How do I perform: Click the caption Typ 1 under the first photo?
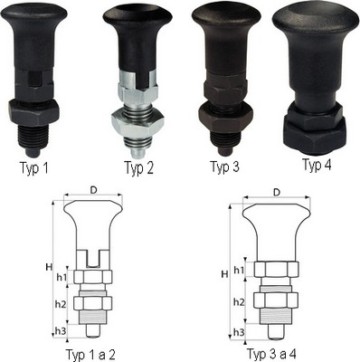coord(33,168)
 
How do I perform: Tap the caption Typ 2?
coord(138,168)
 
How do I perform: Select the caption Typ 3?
coord(224,167)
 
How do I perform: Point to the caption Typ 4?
coord(317,165)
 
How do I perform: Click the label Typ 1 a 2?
coord(90,355)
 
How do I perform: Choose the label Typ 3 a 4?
coord(271,353)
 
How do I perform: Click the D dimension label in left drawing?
coord(94,190)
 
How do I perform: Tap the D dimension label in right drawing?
coord(277,192)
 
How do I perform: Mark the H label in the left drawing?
coord(49,267)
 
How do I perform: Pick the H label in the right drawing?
coord(224,274)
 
